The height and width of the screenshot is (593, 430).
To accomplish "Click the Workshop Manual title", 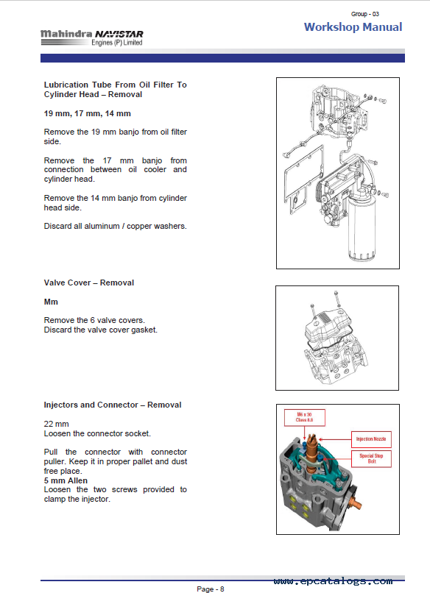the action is coord(353,26).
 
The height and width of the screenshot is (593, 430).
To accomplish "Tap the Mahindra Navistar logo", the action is coord(91,38).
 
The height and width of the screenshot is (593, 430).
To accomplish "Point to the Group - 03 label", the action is coord(365,14).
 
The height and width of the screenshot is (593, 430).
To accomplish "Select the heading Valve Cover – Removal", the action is coord(89,283).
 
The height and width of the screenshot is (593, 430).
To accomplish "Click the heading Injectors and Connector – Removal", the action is coord(113,405).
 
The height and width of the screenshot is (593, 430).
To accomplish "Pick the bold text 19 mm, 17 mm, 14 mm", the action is coord(88,113).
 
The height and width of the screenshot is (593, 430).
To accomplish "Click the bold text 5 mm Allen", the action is coord(66,480).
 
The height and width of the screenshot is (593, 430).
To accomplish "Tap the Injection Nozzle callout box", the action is coord(371,439).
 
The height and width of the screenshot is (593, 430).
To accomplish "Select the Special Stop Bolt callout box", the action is coord(371,459).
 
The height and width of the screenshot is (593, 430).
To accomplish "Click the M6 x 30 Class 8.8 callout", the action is coord(305,417).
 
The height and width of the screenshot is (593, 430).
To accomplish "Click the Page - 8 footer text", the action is coord(211,589).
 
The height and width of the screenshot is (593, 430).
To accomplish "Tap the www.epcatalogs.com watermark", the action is coord(333,581).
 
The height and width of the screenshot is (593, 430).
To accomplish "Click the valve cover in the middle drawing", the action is coord(328,328).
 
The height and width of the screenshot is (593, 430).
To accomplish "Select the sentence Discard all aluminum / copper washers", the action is coord(116,226).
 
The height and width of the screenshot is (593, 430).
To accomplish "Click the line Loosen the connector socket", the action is coord(97,434).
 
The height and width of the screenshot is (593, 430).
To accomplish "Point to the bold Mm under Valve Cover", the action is coord(51,302).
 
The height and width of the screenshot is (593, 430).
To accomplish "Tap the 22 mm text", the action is coord(57,424).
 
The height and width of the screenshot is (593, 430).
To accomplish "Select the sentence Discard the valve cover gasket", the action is coord(101,330).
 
